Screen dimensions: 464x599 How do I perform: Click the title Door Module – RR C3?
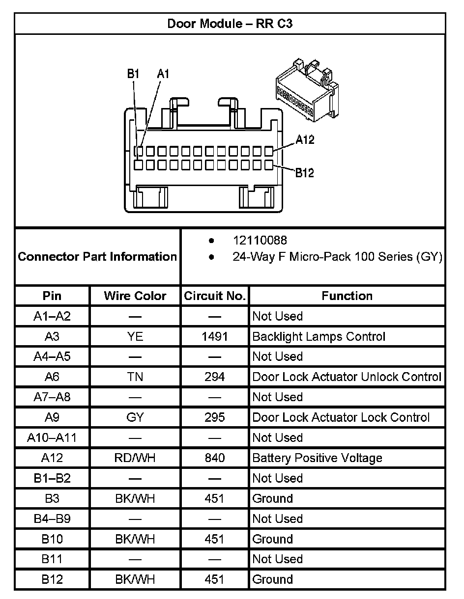pyautogui.click(x=230, y=24)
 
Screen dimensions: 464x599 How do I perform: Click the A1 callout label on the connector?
pyautogui.click(x=163, y=74)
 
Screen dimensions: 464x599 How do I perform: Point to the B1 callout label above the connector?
pyautogui.click(x=133, y=74)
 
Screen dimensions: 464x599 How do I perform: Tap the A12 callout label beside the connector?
pyautogui.click(x=305, y=140)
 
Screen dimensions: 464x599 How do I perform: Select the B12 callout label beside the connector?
pyautogui.click(x=304, y=173)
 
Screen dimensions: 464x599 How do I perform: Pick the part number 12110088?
pyautogui.click(x=260, y=241)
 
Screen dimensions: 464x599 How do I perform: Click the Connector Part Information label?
pyautogui.click(x=97, y=256)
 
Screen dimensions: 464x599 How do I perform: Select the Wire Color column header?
pyautogui.click(x=135, y=296)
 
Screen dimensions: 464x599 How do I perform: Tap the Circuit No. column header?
pyautogui.click(x=215, y=296)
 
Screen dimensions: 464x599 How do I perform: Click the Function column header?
pyautogui.click(x=347, y=296)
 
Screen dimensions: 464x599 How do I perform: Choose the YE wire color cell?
pyautogui.click(x=135, y=337)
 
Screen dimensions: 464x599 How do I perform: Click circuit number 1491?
pyautogui.click(x=215, y=337)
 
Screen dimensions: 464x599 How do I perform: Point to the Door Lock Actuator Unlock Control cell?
pyautogui.click(x=347, y=377)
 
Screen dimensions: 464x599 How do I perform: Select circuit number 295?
pyautogui.click(x=215, y=417)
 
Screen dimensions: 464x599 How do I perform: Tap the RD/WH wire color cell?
pyautogui.click(x=135, y=458)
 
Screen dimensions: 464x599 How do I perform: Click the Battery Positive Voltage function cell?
pyautogui.click(x=317, y=458)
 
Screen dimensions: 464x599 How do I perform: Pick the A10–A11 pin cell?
pyautogui.click(x=52, y=437)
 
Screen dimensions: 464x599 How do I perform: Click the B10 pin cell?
pyautogui.click(x=52, y=539)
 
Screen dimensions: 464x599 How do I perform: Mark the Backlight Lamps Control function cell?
pyautogui.click(x=319, y=337)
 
